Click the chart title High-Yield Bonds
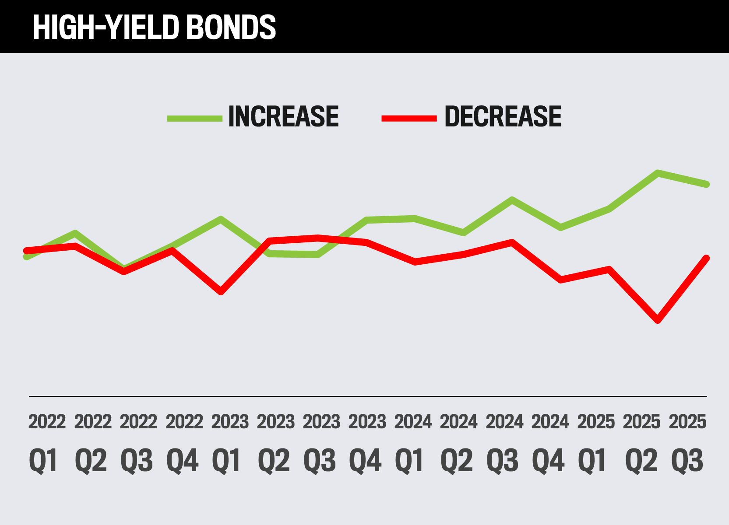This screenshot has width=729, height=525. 154,27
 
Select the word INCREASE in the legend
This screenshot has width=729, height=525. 283,117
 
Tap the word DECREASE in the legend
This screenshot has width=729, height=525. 503,117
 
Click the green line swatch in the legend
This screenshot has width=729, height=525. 195,118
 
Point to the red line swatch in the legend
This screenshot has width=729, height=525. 409,118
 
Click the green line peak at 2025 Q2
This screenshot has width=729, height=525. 658,173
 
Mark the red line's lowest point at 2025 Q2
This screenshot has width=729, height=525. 658,320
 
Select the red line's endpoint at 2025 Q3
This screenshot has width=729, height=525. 706,258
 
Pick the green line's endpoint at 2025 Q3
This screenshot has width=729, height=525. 706,184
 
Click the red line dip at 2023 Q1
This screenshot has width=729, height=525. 221,292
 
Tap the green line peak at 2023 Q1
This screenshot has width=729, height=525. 221,219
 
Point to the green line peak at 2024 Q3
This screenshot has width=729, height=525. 512,200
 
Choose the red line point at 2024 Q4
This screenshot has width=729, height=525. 561,280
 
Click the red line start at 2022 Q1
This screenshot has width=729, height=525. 27,251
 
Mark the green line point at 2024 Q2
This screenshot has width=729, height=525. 463,233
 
